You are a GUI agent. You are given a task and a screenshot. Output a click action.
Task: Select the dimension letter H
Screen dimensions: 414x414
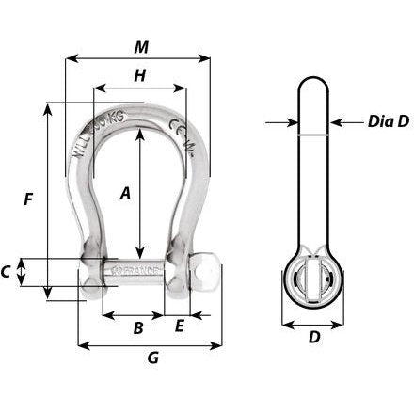click(x=139, y=77)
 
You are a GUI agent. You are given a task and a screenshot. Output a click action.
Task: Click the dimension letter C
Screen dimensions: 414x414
click(x=8, y=273)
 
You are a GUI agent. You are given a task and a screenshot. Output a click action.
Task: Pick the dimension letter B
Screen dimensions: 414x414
click(x=137, y=328)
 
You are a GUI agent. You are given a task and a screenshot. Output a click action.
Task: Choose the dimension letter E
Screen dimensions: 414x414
click(x=180, y=327)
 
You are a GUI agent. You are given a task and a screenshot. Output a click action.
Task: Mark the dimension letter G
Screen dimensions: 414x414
click(x=153, y=358)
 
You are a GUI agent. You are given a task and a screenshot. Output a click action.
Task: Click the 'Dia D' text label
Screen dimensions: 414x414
click(x=362, y=121)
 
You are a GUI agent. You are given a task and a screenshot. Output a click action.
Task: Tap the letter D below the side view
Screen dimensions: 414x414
click(x=314, y=335)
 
